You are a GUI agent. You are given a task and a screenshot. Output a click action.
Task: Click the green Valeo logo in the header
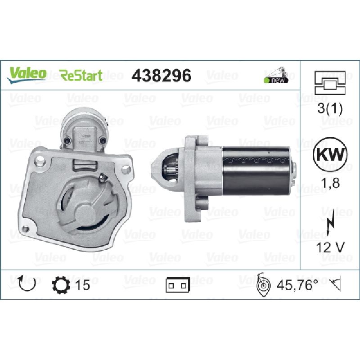[27, 74]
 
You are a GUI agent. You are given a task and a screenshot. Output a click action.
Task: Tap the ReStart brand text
[81, 75]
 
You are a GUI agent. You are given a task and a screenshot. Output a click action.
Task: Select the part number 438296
[162, 76]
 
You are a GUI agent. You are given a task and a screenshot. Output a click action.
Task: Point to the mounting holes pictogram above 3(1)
[330, 83]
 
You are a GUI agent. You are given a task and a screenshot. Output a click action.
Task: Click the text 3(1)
[330, 108]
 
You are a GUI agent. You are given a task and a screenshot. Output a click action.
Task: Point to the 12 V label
[330, 247]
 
